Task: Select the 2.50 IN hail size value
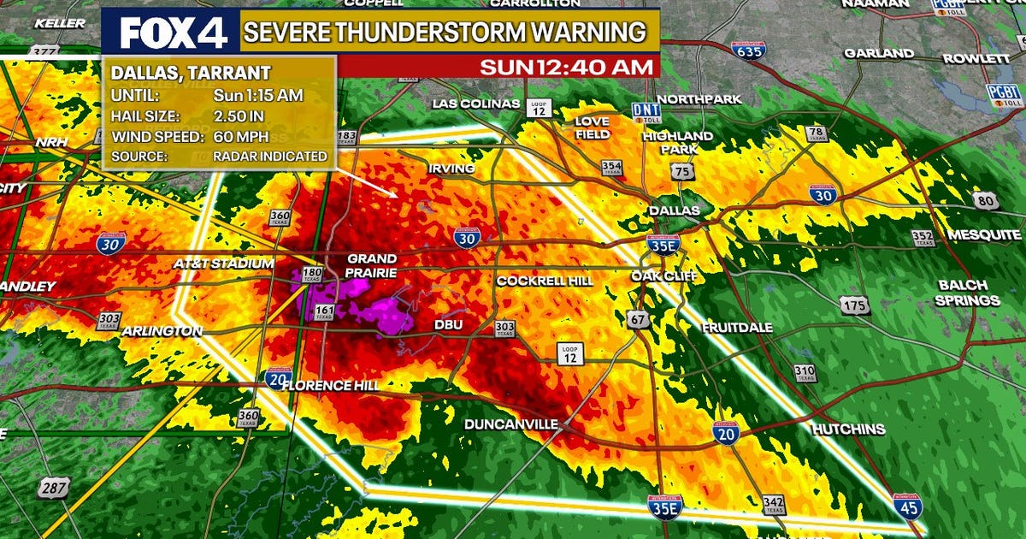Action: [245, 115]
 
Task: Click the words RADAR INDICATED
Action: [271, 157]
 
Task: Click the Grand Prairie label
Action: [371, 265]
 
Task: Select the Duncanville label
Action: [511, 424]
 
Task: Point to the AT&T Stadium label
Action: [223, 264]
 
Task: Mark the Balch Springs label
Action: [967, 293]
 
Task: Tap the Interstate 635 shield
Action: [749, 52]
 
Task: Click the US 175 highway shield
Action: [854, 305]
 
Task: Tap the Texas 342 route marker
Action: [773, 505]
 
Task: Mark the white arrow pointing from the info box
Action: [368, 181]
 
